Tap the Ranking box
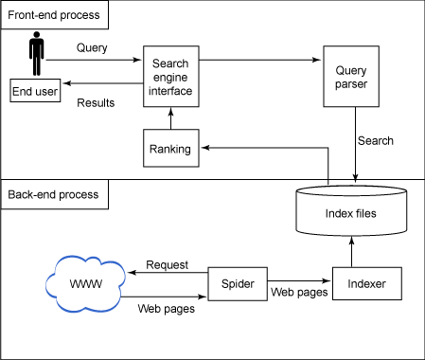tap(170, 149)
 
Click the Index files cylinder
tap(350, 212)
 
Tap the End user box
tap(34, 91)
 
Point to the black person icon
tap(36, 55)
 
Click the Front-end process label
tap(55, 16)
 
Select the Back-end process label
tap(55, 194)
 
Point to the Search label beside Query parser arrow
tap(375, 141)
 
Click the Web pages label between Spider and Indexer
tap(299, 293)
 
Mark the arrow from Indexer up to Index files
tap(352, 252)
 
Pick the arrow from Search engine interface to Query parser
tap(259, 60)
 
